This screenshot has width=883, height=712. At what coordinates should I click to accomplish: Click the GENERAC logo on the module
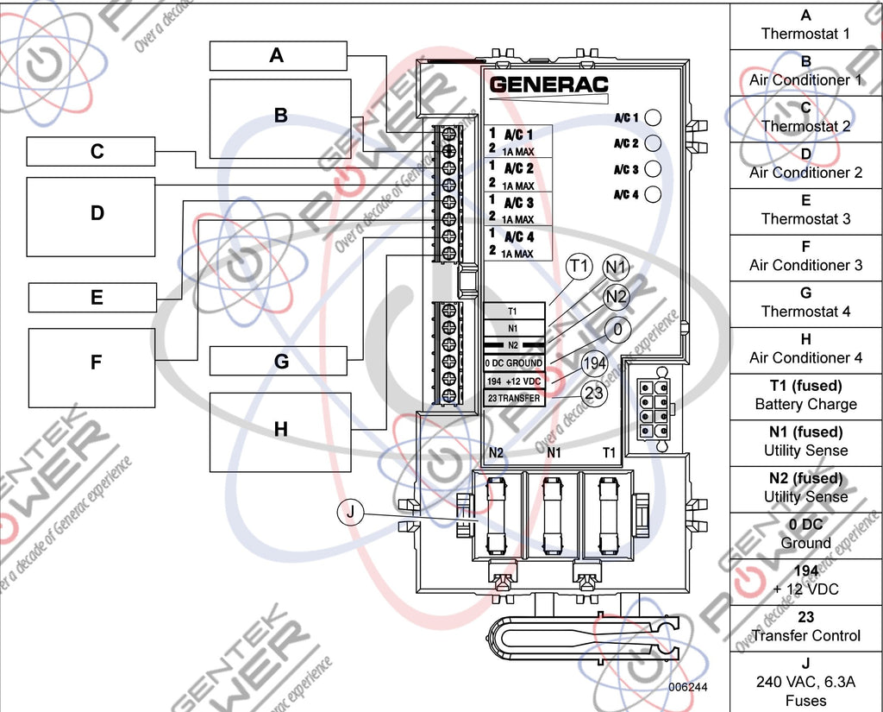pyautogui.click(x=548, y=85)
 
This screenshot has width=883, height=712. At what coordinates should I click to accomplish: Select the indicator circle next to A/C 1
pyautogui.click(x=653, y=117)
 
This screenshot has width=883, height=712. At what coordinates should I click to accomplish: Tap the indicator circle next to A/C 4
pyautogui.click(x=653, y=194)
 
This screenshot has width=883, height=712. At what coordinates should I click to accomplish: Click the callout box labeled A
pyautogui.click(x=278, y=56)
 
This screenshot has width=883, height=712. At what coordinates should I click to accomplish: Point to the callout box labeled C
pyautogui.click(x=97, y=151)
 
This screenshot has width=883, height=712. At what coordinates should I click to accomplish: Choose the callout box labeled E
pyautogui.click(x=97, y=298)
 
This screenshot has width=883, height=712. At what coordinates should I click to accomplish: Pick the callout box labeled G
pyautogui.click(x=280, y=362)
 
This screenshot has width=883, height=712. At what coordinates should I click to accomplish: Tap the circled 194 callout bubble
pyautogui.click(x=594, y=365)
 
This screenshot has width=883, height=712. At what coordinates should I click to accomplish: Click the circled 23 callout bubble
pyautogui.click(x=593, y=393)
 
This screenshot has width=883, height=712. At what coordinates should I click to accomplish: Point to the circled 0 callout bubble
pyautogui.click(x=617, y=329)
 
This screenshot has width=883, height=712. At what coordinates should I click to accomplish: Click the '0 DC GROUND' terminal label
pyautogui.click(x=513, y=363)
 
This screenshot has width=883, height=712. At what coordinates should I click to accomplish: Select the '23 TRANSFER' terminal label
pyautogui.click(x=513, y=398)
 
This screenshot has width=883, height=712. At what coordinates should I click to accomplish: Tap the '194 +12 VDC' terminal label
pyautogui.click(x=513, y=381)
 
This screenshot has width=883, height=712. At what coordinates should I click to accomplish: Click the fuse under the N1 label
pyautogui.click(x=553, y=515)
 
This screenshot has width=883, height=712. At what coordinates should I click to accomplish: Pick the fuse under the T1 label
pyautogui.click(x=609, y=515)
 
